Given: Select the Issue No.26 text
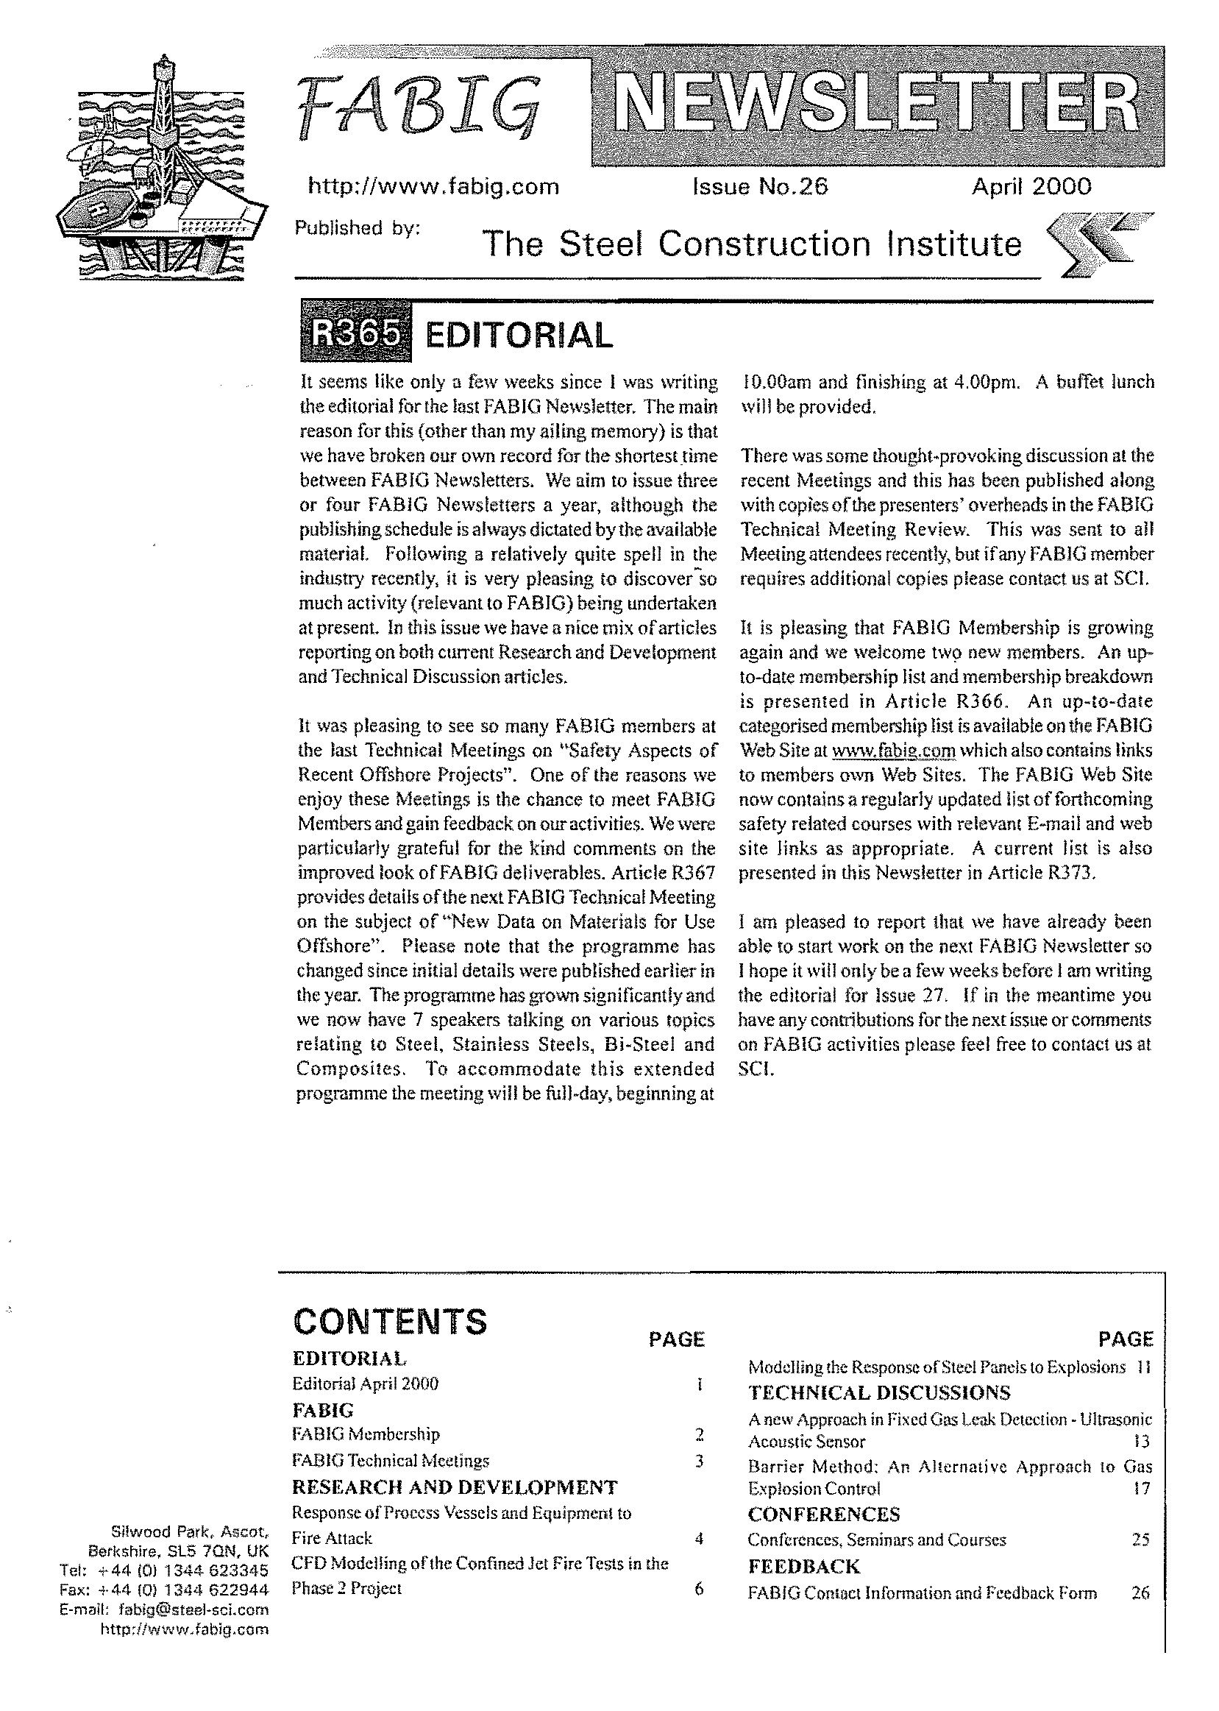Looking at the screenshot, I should coord(760,186).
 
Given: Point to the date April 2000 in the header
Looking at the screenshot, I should coord(1031,186).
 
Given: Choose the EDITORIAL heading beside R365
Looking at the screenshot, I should coord(518,336).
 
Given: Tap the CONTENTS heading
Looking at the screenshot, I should coord(390,1322).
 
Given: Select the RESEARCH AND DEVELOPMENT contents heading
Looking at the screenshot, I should coord(454,1487).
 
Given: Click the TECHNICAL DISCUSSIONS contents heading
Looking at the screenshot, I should coord(879,1392).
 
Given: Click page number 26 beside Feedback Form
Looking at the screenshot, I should coord(1140,1593).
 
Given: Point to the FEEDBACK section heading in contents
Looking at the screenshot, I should coord(804,1566).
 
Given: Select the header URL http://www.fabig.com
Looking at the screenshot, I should coord(434,186).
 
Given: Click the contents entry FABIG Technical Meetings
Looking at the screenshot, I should coord(391,1460).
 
